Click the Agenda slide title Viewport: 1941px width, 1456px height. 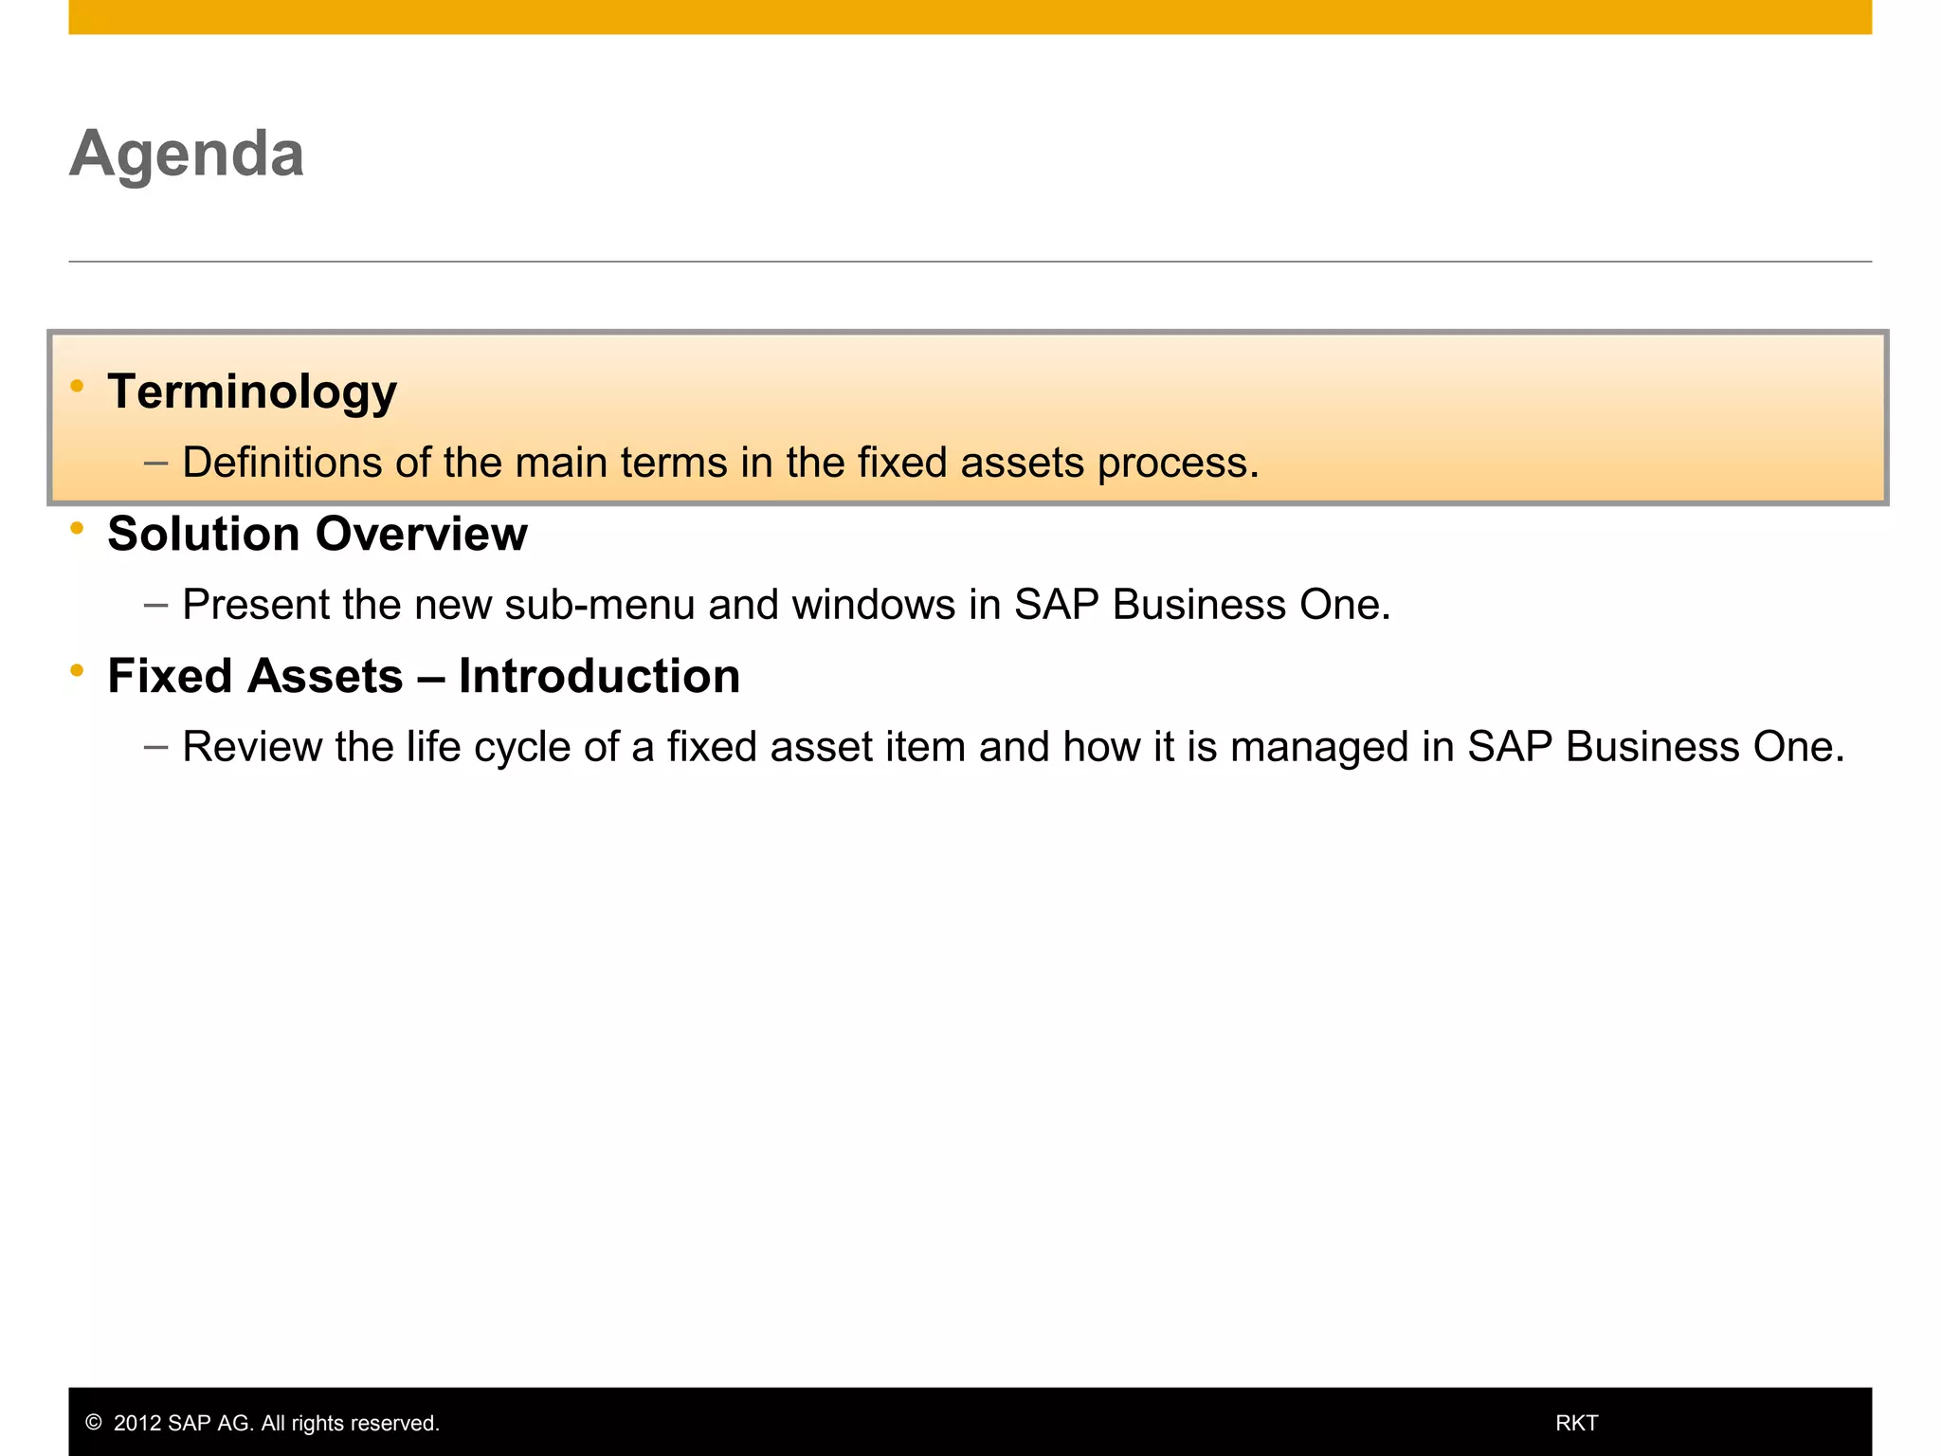tap(187, 154)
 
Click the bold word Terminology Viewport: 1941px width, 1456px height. tap(252, 391)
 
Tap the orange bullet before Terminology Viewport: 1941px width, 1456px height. tap(78, 386)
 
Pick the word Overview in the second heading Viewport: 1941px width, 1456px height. tap(421, 534)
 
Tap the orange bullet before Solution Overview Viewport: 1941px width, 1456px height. tap(78, 528)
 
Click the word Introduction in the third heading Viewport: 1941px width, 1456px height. tap(599, 676)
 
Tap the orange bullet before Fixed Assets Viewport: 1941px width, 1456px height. tap(78, 670)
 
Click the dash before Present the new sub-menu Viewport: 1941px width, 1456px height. tap(156, 605)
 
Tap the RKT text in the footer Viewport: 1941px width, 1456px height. tap(1577, 1423)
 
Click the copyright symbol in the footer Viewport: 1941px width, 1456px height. tap(93, 1423)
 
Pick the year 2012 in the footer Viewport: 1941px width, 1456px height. tap(137, 1423)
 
